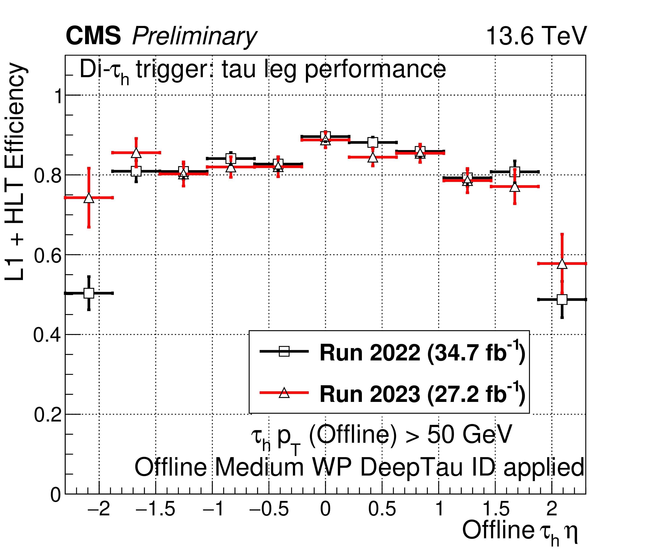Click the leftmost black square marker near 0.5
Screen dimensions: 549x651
click(x=89, y=293)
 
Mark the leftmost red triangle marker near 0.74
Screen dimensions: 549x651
click(x=89, y=198)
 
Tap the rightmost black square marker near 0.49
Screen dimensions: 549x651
click(x=562, y=299)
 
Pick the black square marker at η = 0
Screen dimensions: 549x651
click(x=325, y=136)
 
